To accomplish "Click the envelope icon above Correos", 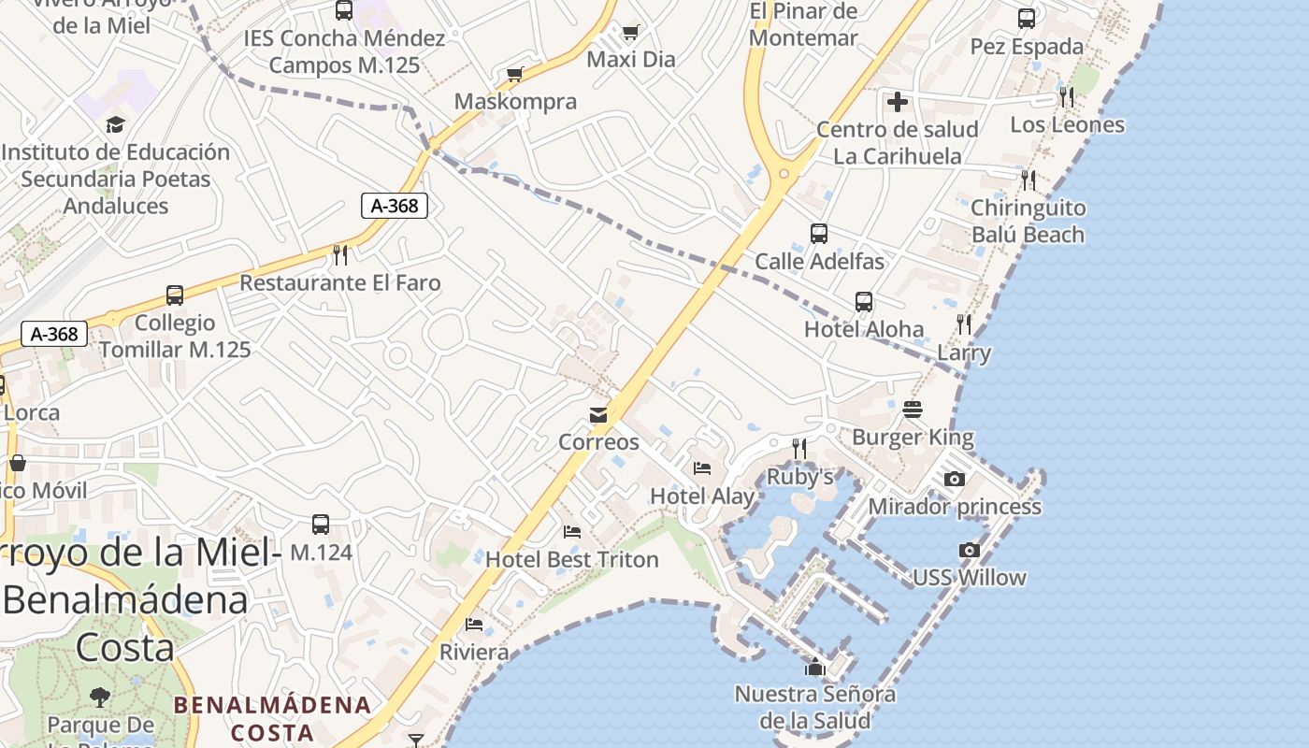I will pyautogui.click(x=598, y=415).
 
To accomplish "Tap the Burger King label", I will pyautogui.click(x=913, y=437).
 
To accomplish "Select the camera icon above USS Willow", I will pyautogui.click(x=970, y=551).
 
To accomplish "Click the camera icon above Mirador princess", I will pyautogui.click(x=955, y=480).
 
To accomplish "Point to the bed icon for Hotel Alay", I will pyautogui.click(x=702, y=468).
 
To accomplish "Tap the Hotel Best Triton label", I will pyautogui.click(x=572, y=559).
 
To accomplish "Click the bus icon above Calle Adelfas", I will pyautogui.click(x=819, y=234).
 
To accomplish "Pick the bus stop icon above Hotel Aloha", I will pyautogui.click(x=864, y=302).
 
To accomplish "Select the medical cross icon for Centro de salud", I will pyautogui.click(x=898, y=102).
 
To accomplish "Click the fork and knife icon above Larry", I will pyautogui.click(x=964, y=324).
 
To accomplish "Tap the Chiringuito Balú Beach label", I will pyautogui.click(x=1028, y=221).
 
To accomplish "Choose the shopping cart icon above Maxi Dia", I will pyautogui.click(x=631, y=34).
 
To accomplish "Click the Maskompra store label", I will pyautogui.click(x=515, y=101).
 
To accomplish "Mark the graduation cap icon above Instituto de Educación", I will pyautogui.click(x=116, y=124).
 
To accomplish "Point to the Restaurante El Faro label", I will pyautogui.click(x=340, y=282).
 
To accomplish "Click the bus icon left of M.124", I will pyautogui.click(x=321, y=525).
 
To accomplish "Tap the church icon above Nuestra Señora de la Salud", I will pyautogui.click(x=815, y=667).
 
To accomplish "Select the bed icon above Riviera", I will pyautogui.click(x=474, y=625).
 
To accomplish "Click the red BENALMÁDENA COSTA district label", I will pyautogui.click(x=273, y=718).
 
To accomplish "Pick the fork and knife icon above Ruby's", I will pyautogui.click(x=799, y=449).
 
